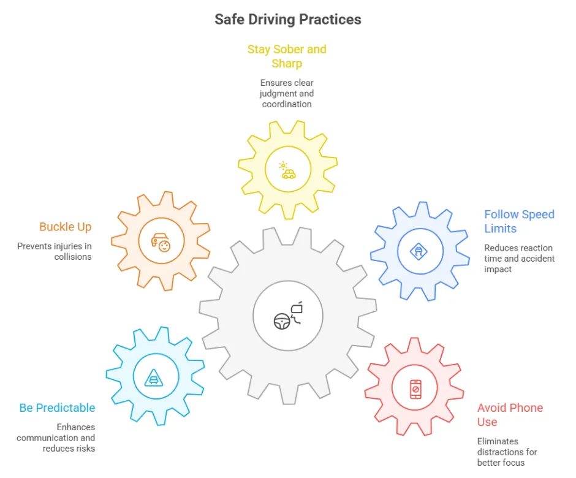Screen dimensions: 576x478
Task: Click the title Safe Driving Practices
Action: click(x=288, y=20)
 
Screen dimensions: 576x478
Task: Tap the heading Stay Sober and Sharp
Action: click(x=287, y=56)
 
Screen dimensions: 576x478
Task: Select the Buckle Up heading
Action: click(x=66, y=227)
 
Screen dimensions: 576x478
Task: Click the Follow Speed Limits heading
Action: click(x=519, y=221)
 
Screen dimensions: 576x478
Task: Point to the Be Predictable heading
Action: click(x=58, y=408)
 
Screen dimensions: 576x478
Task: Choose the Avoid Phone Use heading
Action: click(x=510, y=415)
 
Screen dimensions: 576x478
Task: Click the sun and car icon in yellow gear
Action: click(x=287, y=170)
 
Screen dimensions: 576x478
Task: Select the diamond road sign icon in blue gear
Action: click(x=419, y=252)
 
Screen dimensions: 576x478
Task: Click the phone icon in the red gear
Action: click(x=415, y=389)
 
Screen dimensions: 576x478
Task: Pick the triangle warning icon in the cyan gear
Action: click(x=154, y=377)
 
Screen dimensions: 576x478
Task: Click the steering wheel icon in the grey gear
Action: click(x=282, y=322)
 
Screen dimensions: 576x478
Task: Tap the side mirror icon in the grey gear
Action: click(x=297, y=313)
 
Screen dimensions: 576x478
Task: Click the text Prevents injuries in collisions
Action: click(x=55, y=251)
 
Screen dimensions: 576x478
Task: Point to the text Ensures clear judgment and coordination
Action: click(x=287, y=93)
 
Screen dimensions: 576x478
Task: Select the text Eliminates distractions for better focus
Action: click(x=507, y=452)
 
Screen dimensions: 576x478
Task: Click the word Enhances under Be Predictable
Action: click(x=75, y=427)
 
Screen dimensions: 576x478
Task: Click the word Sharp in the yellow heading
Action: click(x=287, y=64)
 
